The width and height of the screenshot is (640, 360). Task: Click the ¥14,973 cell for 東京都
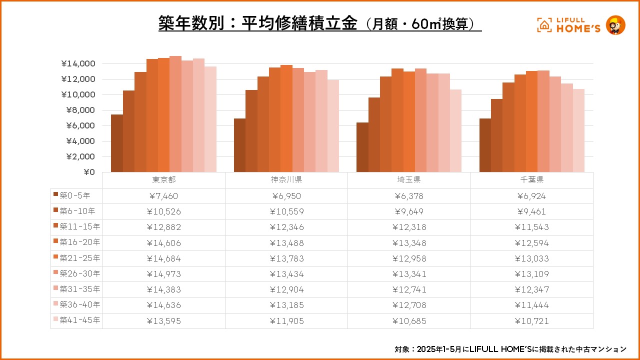[163, 274]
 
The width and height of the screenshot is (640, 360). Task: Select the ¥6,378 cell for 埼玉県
[409, 196]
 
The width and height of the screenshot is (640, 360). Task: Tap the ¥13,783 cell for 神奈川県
[286, 258]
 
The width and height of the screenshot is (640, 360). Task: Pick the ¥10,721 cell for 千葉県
[532, 321]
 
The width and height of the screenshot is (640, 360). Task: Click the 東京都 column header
[163, 180]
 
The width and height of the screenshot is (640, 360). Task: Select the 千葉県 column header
[532, 180]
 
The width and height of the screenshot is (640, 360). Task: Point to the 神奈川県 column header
[286, 180]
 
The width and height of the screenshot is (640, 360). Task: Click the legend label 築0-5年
[75, 195]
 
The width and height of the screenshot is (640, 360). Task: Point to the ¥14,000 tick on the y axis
[78, 64]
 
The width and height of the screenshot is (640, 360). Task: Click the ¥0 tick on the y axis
[89, 172]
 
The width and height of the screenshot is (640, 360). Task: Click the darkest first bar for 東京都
[116, 143]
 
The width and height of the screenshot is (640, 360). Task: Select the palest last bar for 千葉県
[578, 130]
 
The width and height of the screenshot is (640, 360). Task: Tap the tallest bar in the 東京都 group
[175, 114]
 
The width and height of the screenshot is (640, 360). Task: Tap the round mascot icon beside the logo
[615, 25]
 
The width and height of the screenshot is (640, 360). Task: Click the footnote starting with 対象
[510, 348]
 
